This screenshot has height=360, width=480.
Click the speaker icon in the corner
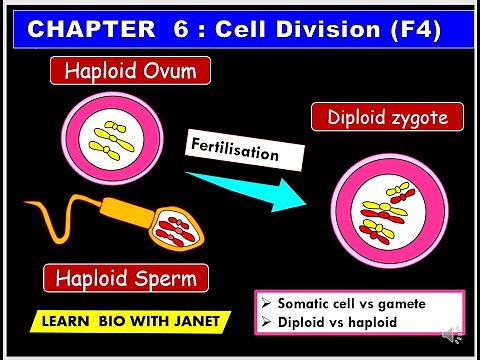coord(455,334)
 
